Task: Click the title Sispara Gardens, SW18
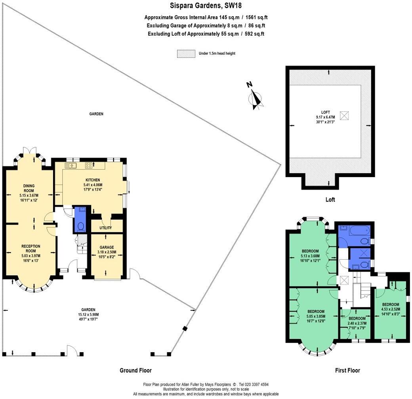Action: (x=206, y=5)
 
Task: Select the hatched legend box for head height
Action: (x=186, y=54)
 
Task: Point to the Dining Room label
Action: (x=29, y=188)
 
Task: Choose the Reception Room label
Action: (x=31, y=249)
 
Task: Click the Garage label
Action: (x=107, y=247)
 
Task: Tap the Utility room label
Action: (x=106, y=228)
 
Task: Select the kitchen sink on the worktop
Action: (x=71, y=166)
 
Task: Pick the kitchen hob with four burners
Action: (x=89, y=166)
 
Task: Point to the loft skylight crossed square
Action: (x=344, y=116)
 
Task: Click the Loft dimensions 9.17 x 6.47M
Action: (x=326, y=117)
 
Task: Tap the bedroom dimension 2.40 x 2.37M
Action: (x=357, y=324)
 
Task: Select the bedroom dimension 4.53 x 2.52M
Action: (x=391, y=309)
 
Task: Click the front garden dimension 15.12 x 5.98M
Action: (x=88, y=314)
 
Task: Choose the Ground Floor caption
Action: (x=135, y=370)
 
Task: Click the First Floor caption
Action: (x=347, y=370)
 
